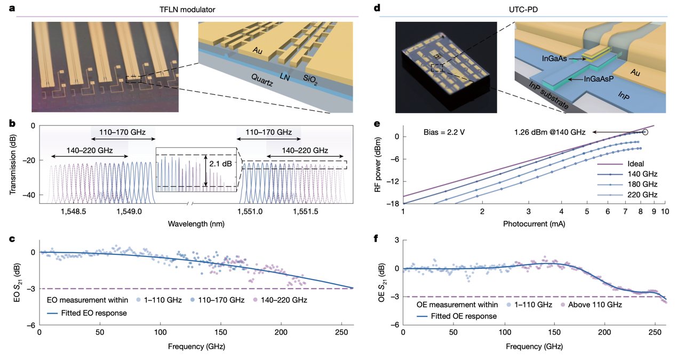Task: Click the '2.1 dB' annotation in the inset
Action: [x=222, y=164]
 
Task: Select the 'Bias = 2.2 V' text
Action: [x=444, y=132]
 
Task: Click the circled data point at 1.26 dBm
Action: [x=645, y=132]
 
